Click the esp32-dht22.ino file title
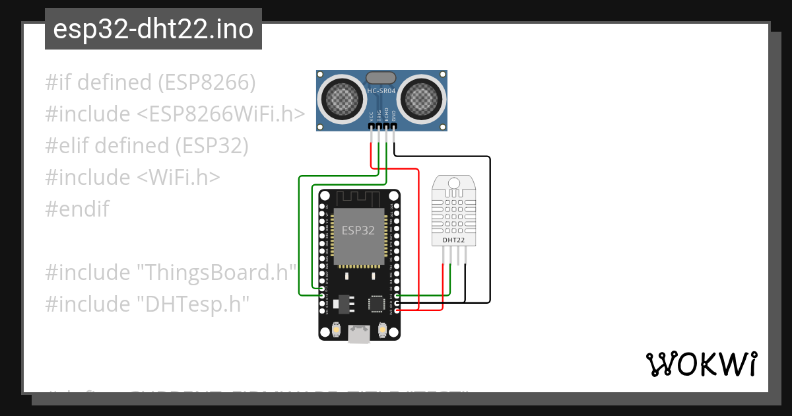point(153,29)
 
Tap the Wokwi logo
point(700,364)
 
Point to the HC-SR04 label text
point(382,92)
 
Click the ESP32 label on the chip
point(358,230)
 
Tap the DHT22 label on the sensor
point(453,240)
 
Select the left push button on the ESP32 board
point(336,329)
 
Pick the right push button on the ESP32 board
point(382,329)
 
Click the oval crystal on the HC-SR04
point(381,79)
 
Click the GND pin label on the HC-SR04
point(394,115)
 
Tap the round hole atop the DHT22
point(453,182)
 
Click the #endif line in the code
point(77,209)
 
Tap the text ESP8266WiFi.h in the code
point(221,114)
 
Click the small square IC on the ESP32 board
point(376,303)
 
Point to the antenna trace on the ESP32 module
point(359,197)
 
